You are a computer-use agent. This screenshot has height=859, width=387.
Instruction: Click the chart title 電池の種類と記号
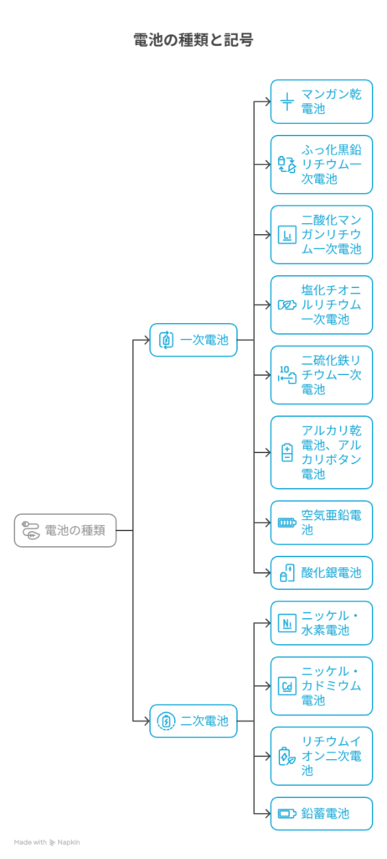tap(193, 40)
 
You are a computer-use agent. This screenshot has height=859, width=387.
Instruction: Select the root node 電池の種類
tap(65, 530)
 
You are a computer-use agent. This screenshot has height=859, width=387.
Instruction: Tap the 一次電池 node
tap(193, 340)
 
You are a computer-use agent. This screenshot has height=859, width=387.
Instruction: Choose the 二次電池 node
tap(193, 721)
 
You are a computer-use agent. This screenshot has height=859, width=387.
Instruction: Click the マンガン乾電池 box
tap(322, 102)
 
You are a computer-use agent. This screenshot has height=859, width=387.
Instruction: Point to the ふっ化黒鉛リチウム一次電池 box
tap(322, 164)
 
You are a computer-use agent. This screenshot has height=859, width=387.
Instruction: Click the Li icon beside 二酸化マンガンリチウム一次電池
tap(287, 235)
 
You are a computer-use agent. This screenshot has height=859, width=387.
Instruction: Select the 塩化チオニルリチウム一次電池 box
tap(322, 305)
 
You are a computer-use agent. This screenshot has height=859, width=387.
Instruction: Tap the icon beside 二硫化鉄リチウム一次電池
tap(287, 375)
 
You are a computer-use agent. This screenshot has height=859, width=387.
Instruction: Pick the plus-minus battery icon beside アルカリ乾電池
tap(287, 452)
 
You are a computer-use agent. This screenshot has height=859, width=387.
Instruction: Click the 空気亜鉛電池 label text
tap(331, 522)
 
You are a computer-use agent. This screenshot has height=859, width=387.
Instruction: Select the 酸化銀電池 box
tap(322, 572)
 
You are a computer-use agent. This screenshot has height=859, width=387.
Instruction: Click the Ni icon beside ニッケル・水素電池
tap(287, 623)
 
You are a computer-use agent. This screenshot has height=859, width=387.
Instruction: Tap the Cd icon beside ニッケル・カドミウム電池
tap(287, 686)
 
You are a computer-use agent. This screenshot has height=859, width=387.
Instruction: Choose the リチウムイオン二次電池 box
tap(322, 756)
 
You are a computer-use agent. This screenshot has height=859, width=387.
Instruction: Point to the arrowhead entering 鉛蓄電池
tap(267, 813)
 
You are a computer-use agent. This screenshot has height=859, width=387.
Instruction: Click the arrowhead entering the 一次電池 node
tap(147, 340)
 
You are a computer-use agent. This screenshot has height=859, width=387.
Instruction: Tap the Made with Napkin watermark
tap(47, 842)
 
